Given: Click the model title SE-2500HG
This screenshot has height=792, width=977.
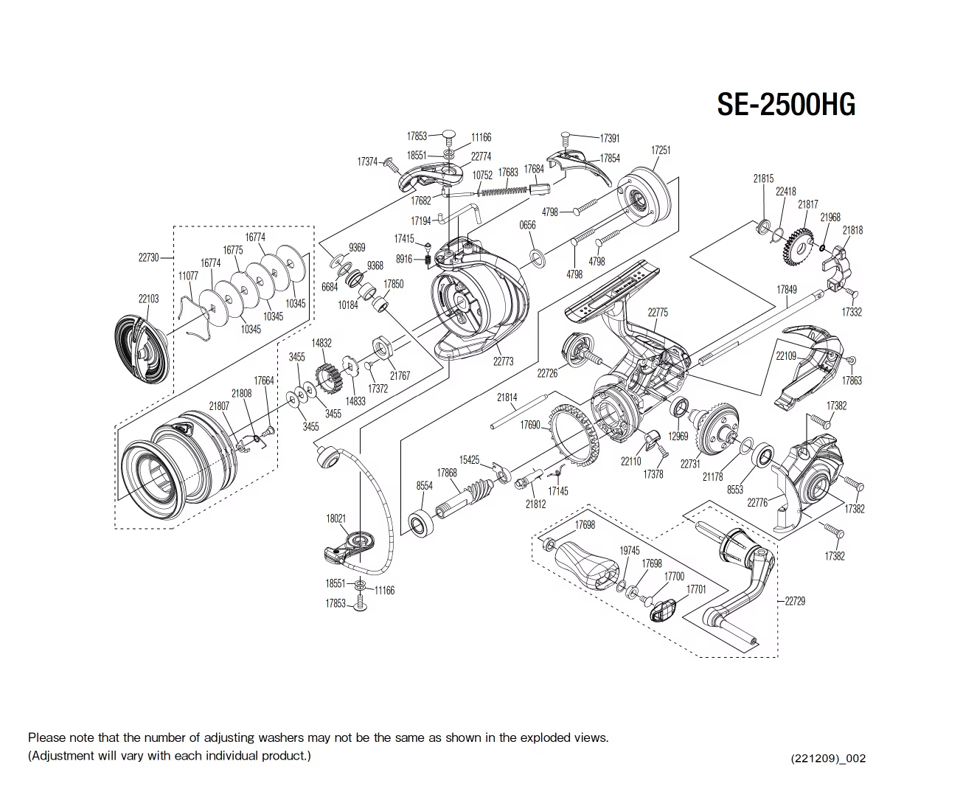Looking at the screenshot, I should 786,105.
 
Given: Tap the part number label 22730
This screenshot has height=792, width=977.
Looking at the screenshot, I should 148,257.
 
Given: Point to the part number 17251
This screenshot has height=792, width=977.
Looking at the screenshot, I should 661,150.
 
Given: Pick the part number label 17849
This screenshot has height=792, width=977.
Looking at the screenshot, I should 787,290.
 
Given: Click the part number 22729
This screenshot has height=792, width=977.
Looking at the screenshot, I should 795,601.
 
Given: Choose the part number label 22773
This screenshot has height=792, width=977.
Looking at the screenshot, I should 503,361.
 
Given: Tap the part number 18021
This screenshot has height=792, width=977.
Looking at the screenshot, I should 335,518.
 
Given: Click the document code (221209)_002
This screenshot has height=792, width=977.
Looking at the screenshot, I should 828,758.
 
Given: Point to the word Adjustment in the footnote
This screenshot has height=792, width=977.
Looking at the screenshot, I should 63,756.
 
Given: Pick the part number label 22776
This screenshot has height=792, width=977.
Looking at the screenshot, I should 757,503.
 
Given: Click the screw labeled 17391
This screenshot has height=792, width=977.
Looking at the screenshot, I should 566,136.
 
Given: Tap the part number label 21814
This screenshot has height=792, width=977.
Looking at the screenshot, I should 507,397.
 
